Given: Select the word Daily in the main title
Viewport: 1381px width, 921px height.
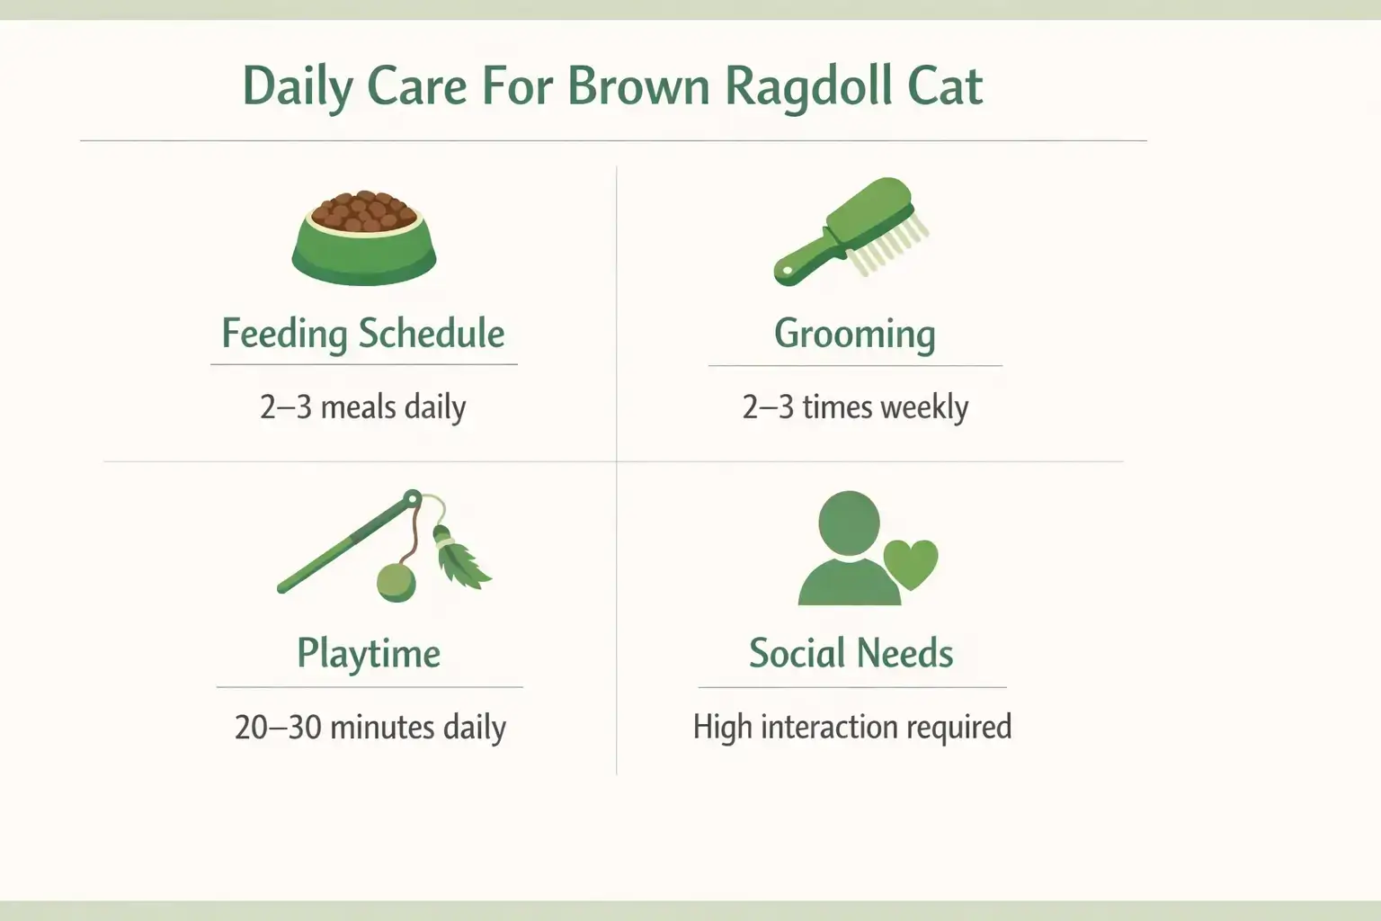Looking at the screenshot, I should (x=298, y=87).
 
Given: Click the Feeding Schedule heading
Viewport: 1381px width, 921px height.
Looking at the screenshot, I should (x=363, y=334).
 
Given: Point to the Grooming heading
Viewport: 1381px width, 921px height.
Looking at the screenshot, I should (x=854, y=334).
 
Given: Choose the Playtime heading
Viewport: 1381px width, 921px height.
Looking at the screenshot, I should (x=369, y=654).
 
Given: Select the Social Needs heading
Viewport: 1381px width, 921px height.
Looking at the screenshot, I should (x=851, y=654).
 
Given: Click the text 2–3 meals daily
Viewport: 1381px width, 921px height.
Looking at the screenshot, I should (x=363, y=407).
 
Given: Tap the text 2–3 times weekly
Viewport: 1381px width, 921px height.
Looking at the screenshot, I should (x=855, y=407).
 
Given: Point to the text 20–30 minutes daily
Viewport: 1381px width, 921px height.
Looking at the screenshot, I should (x=370, y=728).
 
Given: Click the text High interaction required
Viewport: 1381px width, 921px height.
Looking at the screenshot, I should (x=851, y=728).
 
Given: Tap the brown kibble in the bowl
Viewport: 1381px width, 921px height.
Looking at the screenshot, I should (x=364, y=212).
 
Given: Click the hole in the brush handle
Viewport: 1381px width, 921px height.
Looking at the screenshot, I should (x=787, y=271).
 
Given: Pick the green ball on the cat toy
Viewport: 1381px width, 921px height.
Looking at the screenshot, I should (x=396, y=582).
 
